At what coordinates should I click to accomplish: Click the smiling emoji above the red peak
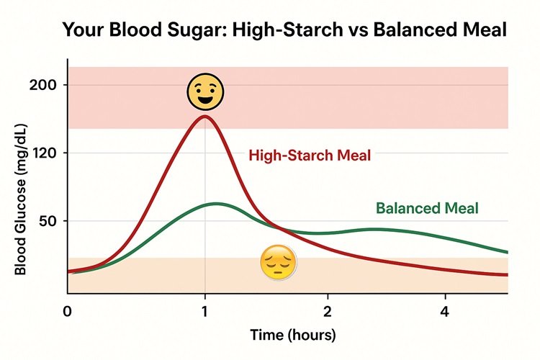(x=205, y=91)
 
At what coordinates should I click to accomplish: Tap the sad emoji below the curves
(x=278, y=262)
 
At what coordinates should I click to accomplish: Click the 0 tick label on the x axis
(x=68, y=312)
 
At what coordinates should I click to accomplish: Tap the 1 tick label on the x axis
(x=205, y=312)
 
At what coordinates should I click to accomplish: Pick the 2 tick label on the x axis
(x=328, y=312)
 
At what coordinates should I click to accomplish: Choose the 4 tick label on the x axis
(x=445, y=312)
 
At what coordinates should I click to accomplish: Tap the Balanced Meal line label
(x=427, y=209)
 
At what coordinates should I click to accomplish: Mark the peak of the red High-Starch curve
(x=204, y=117)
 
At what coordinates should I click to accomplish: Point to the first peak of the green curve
(x=217, y=204)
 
